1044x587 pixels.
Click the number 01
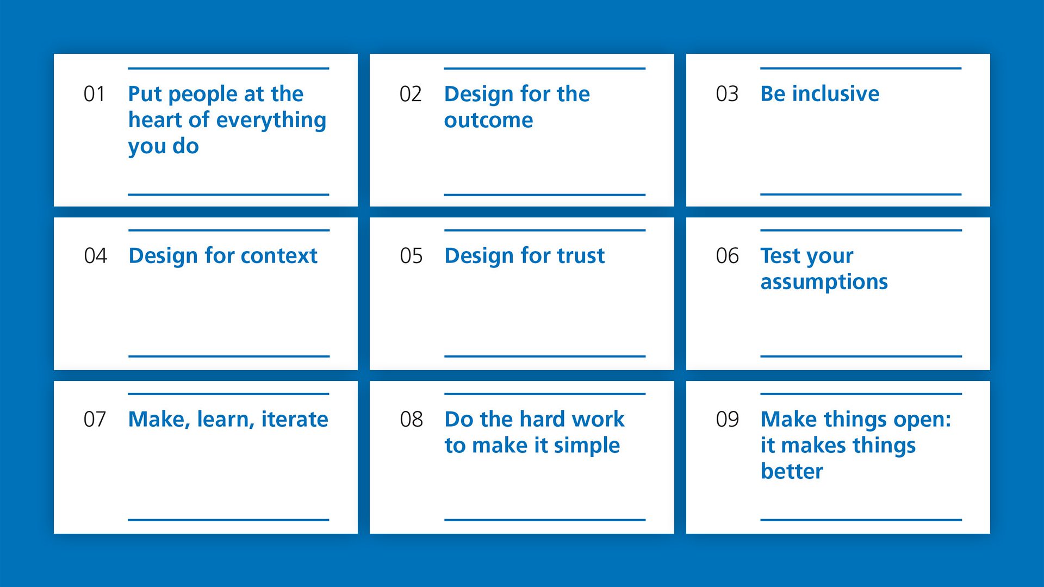point(94,94)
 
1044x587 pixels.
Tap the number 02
point(411,94)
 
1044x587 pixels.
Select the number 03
point(727,94)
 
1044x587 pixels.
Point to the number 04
point(95,256)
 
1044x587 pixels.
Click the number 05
point(411,256)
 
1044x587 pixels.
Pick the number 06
point(727,256)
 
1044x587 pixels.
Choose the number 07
point(95,420)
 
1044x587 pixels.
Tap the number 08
point(411,420)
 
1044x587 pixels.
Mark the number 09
point(727,420)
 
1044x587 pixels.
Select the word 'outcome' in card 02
point(488,120)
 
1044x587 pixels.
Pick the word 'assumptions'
point(824,282)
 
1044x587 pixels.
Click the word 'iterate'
point(295,420)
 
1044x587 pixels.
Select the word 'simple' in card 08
point(587,446)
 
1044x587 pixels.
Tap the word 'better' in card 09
point(792,471)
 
